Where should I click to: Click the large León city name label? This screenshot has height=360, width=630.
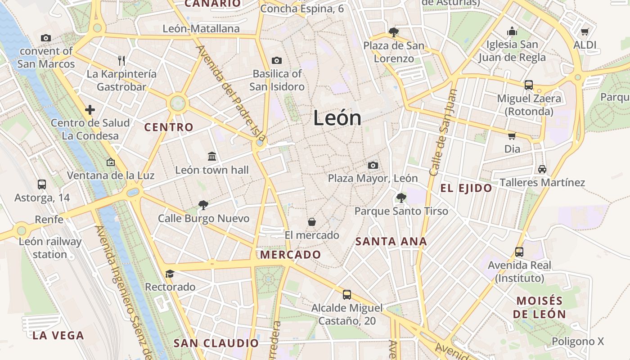[x=337, y=118]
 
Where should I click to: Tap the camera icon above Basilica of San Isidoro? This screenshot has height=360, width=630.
[x=276, y=60]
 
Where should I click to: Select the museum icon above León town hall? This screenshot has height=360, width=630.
[x=212, y=156]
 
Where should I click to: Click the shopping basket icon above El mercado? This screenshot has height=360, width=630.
[x=311, y=221]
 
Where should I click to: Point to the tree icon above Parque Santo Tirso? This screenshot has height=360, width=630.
[x=401, y=198]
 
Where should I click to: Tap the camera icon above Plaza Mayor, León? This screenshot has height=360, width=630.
[x=373, y=165]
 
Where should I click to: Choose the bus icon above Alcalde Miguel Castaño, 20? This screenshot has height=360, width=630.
[x=347, y=295]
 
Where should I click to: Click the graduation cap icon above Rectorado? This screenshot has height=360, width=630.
[x=170, y=274]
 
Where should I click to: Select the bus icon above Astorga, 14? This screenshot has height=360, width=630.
[x=42, y=184]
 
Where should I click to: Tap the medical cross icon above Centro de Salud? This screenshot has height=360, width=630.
[x=90, y=109]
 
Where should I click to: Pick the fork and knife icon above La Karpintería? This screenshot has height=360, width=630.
[x=121, y=60]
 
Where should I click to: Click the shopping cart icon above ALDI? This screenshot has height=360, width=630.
[x=585, y=31]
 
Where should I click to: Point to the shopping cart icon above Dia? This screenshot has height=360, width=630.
[x=512, y=135]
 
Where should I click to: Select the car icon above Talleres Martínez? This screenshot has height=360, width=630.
[x=542, y=169]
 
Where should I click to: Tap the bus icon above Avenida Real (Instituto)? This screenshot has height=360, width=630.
[x=519, y=252]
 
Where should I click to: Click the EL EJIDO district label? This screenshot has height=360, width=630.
[x=466, y=188]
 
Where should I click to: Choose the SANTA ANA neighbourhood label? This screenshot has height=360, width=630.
[x=391, y=242]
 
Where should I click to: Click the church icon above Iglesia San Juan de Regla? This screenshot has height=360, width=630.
[x=512, y=31]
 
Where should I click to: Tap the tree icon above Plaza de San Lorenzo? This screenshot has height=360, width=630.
[x=394, y=32]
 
